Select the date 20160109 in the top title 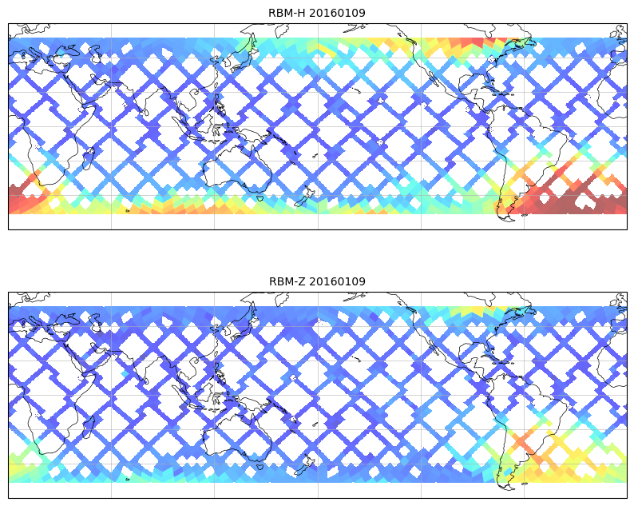coord(337,13)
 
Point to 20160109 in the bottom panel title coord(337,281)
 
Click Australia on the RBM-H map coord(232,164)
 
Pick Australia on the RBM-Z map coord(232,432)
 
